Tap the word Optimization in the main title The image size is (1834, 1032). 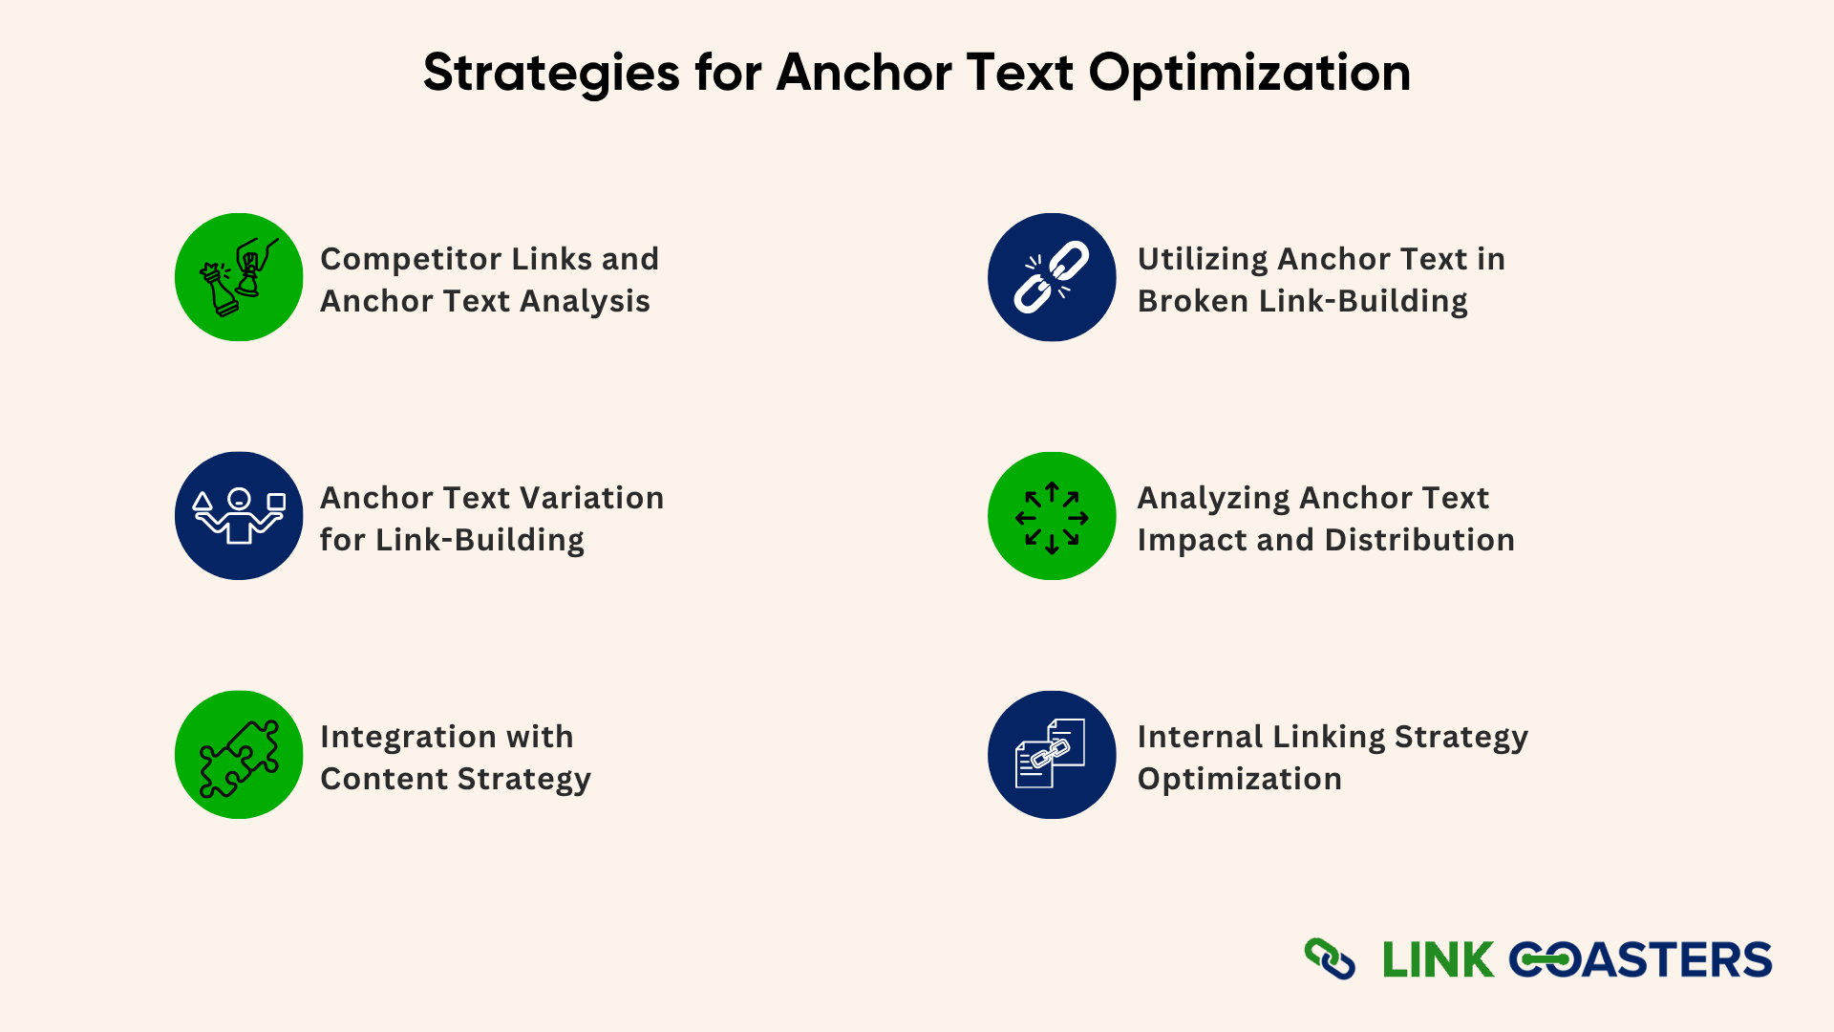[1249, 73]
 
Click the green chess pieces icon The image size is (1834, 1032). [239, 277]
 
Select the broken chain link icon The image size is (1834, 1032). [1052, 277]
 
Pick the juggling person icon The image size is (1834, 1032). [239, 516]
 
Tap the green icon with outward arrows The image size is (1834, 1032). [1052, 516]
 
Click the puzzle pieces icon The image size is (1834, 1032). [239, 755]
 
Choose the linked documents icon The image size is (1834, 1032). [1052, 755]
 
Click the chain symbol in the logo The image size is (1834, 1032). [1330, 959]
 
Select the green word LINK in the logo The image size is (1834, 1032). [1439, 960]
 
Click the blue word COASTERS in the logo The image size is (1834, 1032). [1640, 960]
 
